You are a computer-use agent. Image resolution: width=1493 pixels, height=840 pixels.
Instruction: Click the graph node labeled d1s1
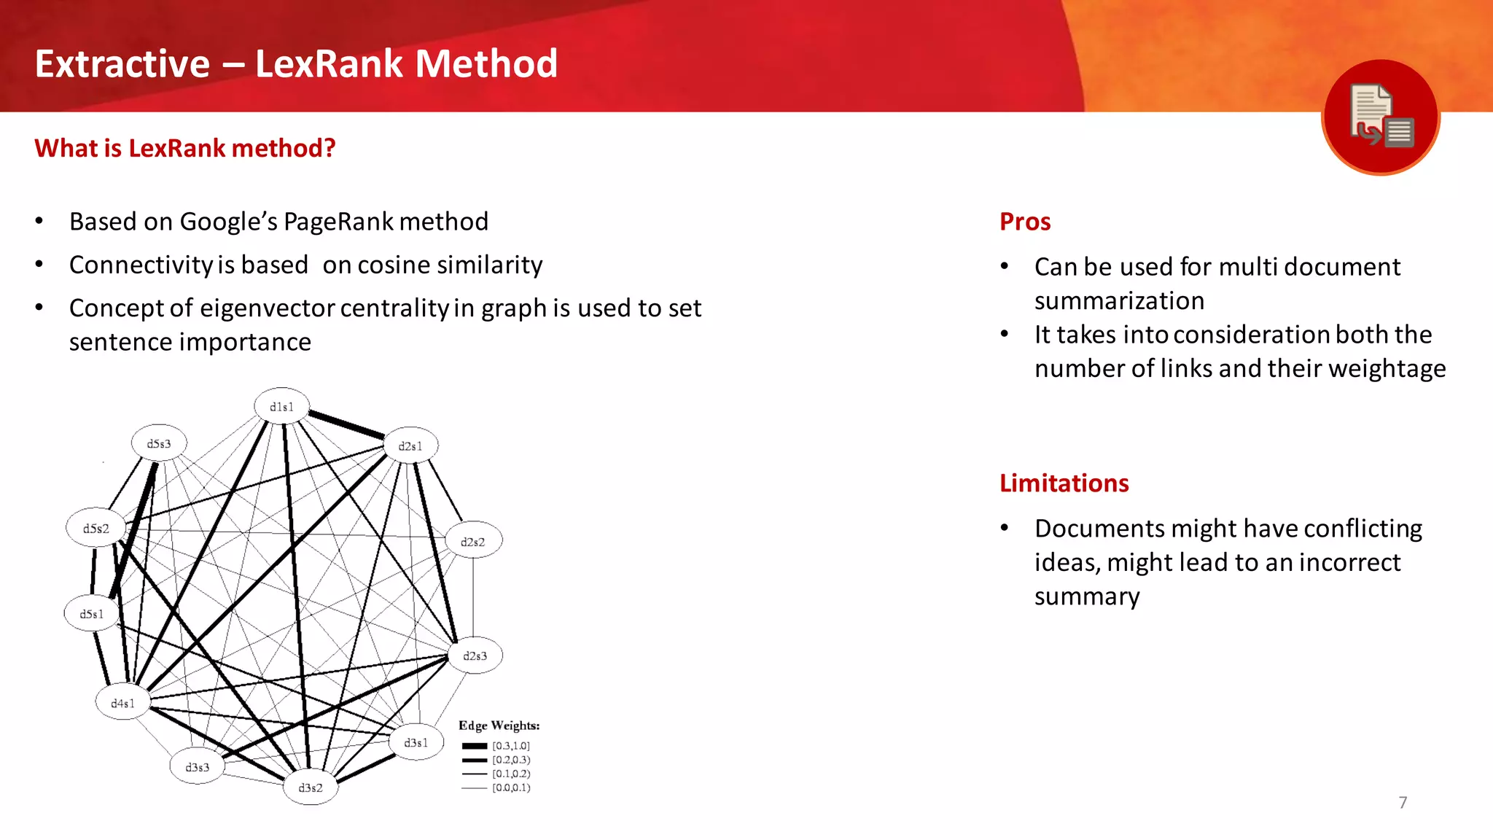[282, 406]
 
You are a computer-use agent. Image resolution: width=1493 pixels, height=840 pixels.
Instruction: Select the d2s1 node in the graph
[410, 446]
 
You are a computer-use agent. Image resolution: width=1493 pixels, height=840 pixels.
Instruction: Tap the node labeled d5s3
[159, 443]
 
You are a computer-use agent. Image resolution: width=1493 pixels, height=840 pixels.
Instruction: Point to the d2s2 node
[473, 542]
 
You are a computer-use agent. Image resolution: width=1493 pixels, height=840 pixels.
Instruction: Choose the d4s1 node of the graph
[122, 703]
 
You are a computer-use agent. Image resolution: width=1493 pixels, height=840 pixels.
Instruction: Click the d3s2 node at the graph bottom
[311, 787]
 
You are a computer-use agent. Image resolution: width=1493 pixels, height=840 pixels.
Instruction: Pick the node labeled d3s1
[416, 742]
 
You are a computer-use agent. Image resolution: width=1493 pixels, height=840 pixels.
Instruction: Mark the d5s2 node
[95, 529]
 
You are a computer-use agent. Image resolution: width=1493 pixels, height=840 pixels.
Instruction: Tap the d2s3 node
[475, 656]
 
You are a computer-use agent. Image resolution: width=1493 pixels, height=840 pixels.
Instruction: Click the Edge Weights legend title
[499, 726]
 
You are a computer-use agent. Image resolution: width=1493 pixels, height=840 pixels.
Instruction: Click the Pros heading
[1025, 222]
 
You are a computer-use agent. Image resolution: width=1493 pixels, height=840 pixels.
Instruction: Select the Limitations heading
[1064, 483]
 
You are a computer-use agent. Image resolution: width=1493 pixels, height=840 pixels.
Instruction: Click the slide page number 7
[1403, 803]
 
